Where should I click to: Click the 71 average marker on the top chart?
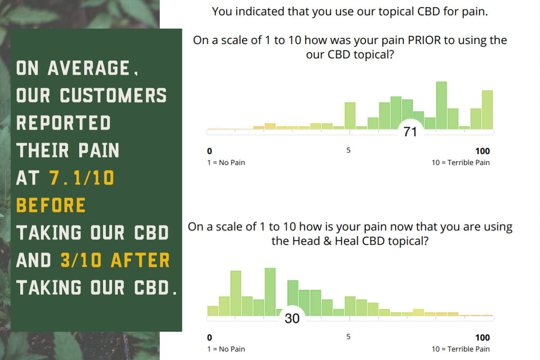[x=410, y=131]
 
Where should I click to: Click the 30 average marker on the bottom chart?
[x=292, y=318]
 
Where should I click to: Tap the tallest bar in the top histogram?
[x=441, y=105]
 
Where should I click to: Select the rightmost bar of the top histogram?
[x=487, y=110]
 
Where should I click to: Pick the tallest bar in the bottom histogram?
[x=270, y=292]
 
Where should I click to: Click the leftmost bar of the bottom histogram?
[x=213, y=311]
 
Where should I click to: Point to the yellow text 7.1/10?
[x=82, y=178]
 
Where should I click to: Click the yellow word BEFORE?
[x=51, y=205]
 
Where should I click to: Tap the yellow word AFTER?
[x=140, y=260]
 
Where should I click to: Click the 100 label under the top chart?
[x=482, y=151]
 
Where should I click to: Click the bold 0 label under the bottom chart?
[x=210, y=337]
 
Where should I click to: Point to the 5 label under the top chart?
[x=348, y=150]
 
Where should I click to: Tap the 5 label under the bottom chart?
[x=348, y=337]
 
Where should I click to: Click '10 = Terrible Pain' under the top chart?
[x=460, y=162]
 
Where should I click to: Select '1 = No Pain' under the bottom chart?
[x=226, y=349]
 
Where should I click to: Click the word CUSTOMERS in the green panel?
[x=113, y=95]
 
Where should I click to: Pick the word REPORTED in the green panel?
[x=63, y=122]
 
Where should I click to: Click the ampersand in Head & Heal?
[x=328, y=241]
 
